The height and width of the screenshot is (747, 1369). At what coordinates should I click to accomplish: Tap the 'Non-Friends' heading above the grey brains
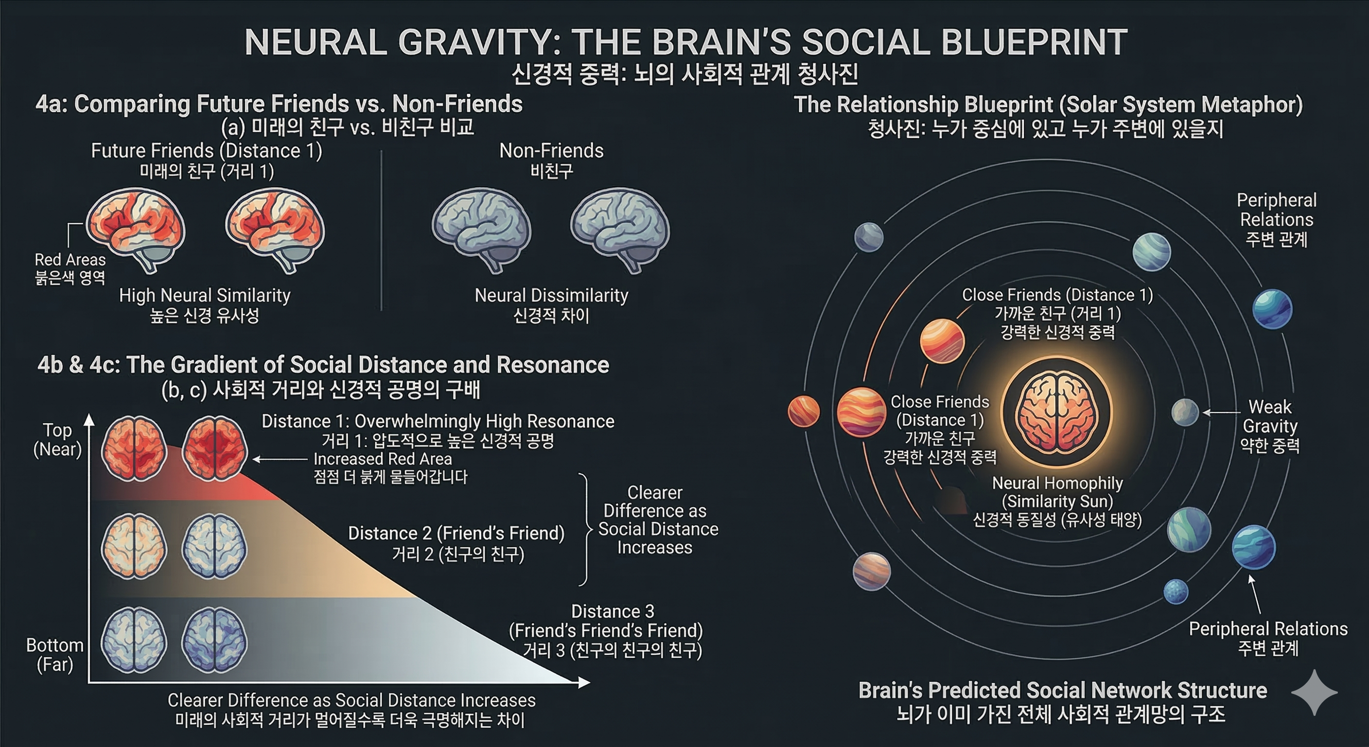point(551,151)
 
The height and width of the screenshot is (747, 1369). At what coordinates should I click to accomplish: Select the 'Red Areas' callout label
point(70,260)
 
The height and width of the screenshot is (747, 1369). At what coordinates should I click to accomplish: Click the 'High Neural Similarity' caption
point(205,296)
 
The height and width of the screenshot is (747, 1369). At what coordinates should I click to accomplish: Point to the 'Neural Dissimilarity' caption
point(551,296)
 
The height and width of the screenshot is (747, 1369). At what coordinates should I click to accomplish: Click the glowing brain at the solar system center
point(1055,412)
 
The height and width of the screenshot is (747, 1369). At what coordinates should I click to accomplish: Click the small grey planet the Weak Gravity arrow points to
point(1185,412)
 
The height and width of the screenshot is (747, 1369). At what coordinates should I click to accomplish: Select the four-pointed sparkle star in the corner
point(1314,693)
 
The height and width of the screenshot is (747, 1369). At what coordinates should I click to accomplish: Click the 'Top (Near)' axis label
point(57,440)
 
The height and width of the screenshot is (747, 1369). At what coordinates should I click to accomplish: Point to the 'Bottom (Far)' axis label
point(55,655)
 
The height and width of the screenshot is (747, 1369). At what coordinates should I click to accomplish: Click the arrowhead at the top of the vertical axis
point(89,420)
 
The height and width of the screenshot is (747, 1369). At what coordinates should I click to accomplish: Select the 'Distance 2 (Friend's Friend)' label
point(456,534)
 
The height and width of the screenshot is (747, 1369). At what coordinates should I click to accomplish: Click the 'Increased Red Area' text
point(383,459)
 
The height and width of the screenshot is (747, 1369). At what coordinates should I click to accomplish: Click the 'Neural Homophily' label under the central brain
point(1057,483)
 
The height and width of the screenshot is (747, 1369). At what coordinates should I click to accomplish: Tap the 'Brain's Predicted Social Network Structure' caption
point(1062,691)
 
